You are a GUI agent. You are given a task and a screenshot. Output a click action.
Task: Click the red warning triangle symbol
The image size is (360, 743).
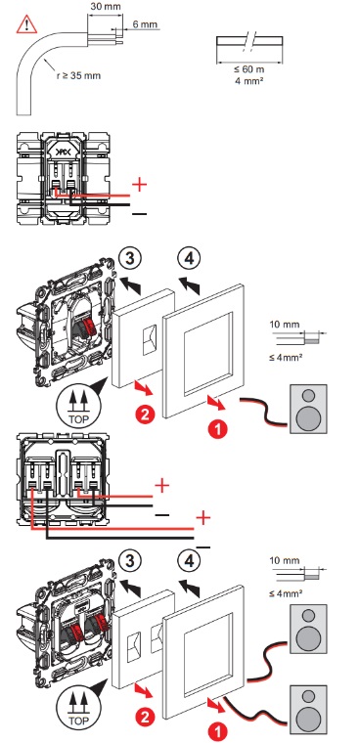coord(26,24)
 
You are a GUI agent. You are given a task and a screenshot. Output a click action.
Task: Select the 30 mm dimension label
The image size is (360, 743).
coord(106,6)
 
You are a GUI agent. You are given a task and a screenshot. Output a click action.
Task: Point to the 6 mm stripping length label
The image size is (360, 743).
coord(145,24)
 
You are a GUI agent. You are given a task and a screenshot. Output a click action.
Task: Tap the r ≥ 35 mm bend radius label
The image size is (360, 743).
coord(78,75)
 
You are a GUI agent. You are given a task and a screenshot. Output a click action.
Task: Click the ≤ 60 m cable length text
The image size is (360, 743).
coord(249,69)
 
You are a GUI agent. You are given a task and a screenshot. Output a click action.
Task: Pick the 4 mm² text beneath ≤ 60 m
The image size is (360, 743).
coord(249,80)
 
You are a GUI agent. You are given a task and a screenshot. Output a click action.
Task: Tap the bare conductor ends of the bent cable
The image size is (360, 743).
coord(118,37)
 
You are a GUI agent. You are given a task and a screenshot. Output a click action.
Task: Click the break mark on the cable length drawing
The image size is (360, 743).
coord(249,41)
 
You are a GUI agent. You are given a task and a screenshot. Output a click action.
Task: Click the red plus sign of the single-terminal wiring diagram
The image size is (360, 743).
coord(140,185)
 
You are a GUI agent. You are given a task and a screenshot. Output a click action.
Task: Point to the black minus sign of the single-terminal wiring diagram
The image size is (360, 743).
coord(140,214)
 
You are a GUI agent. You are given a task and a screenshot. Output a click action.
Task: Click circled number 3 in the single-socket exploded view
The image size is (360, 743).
coord(130,258)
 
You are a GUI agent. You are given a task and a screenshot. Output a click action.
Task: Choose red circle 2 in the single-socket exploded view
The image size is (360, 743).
coord(145,415)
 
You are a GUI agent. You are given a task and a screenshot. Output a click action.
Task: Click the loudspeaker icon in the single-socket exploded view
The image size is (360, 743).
coord(309,409)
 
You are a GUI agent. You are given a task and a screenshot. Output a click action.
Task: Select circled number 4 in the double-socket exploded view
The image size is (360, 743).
coord(189,561)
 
